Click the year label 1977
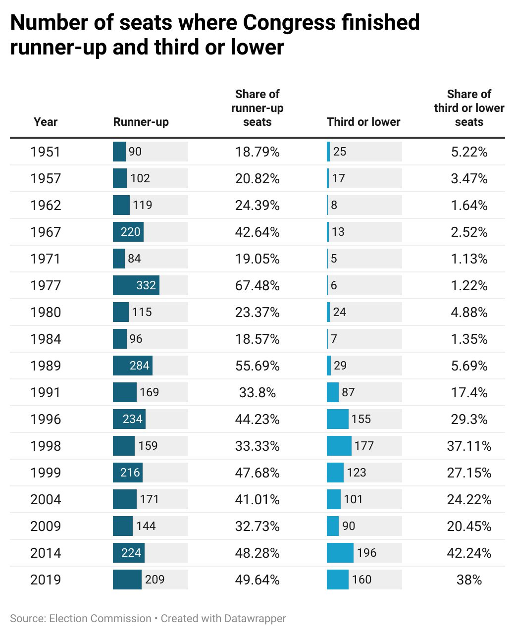click(46, 286)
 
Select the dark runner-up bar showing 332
click(136, 286)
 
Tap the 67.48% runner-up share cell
click(257, 286)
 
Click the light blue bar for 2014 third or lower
click(340, 553)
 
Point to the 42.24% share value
click(469, 553)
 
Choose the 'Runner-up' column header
click(141, 122)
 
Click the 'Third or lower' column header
click(363, 122)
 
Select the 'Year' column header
click(46, 122)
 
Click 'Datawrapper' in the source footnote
click(255, 619)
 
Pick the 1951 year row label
click(46, 152)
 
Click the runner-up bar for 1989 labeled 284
click(133, 366)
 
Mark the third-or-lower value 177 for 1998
click(364, 446)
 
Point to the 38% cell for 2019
click(469, 580)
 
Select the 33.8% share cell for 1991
click(257, 393)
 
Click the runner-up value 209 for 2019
click(154, 580)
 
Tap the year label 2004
click(46, 500)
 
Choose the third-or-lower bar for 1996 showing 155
click(338, 420)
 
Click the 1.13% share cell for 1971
click(469, 259)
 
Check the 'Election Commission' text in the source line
click(100, 619)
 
